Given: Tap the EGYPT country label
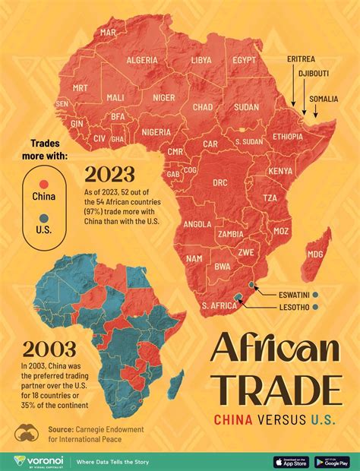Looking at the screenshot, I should pyautogui.click(x=245, y=59).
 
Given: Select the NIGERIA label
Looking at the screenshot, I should pyautogui.click(x=156, y=131).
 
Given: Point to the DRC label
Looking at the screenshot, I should pyautogui.click(x=219, y=182).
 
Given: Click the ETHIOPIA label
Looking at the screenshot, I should pyautogui.click(x=288, y=137).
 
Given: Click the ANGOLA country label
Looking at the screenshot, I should pyautogui.click(x=197, y=224).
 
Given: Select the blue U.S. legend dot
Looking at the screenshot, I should pyautogui.click(x=44, y=217).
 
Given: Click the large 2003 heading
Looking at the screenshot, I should pyautogui.click(x=49, y=349).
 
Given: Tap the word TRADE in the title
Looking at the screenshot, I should pyautogui.click(x=274, y=390).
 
